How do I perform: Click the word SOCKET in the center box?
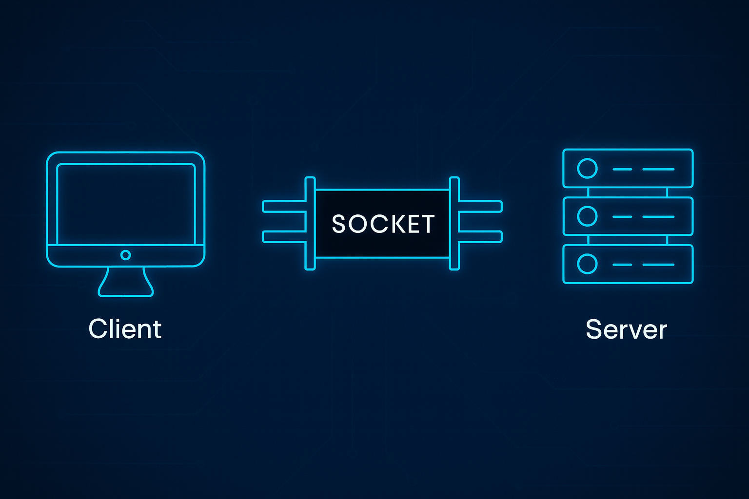[x=383, y=224]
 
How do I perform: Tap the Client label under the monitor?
[x=125, y=329]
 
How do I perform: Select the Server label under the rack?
[x=626, y=329]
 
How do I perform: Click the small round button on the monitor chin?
[x=125, y=255]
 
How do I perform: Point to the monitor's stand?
[x=126, y=283]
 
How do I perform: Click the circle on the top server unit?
[x=587, y=169]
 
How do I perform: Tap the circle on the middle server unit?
[x=587, y=216]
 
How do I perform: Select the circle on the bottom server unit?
[x=587, y=264]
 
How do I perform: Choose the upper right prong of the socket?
[x=480, y=207]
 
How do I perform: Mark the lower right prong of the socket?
[x=480, y=237]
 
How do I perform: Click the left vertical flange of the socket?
[x=310, y=223]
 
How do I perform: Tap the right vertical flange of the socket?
[x=454, y=223]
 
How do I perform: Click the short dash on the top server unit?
[x=622, y=169]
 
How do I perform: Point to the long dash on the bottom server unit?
[x=658, y=265]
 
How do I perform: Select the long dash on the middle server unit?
[x=658, y=217]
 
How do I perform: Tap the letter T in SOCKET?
[x=428, y=224]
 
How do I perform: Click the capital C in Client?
[x=98, y=329]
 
